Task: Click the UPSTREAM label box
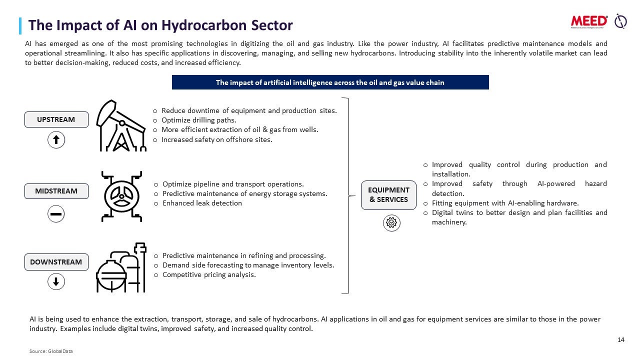(56, 119)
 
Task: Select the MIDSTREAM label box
(56, 191)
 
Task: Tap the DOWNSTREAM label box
(56, 262)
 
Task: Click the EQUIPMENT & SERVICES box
(388, 195)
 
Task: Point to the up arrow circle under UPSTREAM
(56, 140)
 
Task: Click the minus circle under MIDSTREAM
(56, 213)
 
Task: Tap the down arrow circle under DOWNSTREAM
(56, 281)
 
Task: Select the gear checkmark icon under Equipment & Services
(391, 223)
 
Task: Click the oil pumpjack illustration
(121, 125)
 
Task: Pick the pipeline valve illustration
(121, 196)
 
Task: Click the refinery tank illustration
(121, 267)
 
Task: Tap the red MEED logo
(589, 22)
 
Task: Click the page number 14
(621, 339)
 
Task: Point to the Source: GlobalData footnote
(51, 351)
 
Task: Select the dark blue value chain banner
(330, 82)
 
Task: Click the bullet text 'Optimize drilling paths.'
(199, 120)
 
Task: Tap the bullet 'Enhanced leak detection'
(202, 203)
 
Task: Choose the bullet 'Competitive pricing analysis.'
(209, 274)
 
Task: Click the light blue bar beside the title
(20, 26)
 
